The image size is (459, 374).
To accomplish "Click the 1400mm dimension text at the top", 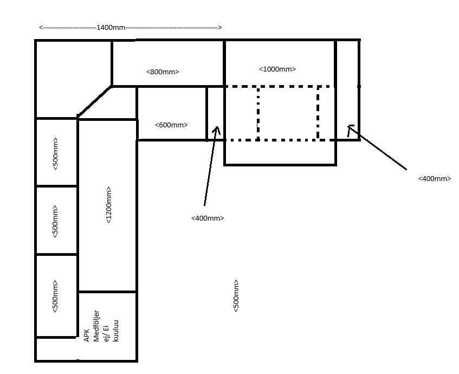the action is (x=111, y=28).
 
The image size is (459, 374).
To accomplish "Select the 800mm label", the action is (x=163, y=72).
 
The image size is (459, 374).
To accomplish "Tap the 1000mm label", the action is (x=277, y=69).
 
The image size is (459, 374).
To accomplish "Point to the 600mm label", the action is (x=171, y=125).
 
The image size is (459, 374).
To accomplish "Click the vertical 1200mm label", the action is (x=108, y=205).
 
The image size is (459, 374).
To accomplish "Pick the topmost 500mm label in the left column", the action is (x=55, y=154).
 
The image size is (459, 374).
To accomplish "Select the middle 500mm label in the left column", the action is (x=55, y=222).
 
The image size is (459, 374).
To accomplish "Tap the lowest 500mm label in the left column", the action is (x=55, y=296).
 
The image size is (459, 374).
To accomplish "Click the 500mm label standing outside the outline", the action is (x=236, y=296).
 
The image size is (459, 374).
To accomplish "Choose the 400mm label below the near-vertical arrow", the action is (x=208, y=218).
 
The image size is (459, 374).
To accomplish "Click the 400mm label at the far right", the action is (x=435, y=179).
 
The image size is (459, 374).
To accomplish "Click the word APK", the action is (x=87, y=336).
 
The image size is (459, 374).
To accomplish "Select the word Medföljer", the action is (x=96, y=326).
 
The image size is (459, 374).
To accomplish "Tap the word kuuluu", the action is (x=115, y=331).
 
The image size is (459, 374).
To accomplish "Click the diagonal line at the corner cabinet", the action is (x=94, y=101).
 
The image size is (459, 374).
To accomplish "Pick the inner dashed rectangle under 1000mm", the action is (x=288, y=87).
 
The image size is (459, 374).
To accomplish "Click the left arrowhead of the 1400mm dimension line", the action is (x=41, y=28).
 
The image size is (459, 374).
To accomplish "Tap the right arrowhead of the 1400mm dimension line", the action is (x=220, y=28).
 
